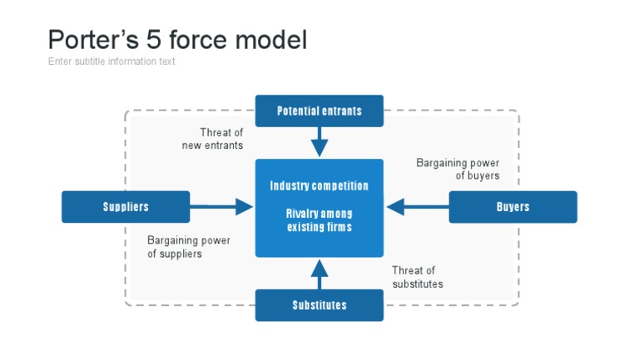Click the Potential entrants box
(x=319, y=111)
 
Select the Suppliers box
(x=126, y=207)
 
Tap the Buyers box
(x=513, y=207)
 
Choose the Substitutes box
(x=319, y=305)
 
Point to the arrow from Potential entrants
(x=319, y=142)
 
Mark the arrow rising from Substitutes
(x=319, y=274)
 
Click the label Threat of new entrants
(x=213, y=139)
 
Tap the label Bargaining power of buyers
(x=458, y=170)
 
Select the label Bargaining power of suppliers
(x=188, y=247)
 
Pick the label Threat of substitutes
(x=418, y=277)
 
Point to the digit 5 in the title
(x=160, y=39)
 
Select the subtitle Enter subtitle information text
(x=111, y=62)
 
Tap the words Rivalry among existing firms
(x=319, y=220)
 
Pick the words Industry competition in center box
(x=319, y=185)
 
